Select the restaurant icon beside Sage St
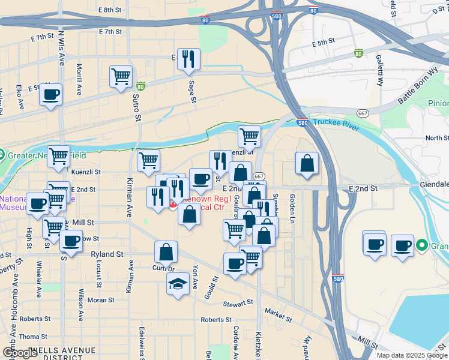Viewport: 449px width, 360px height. click(x=189, y=59)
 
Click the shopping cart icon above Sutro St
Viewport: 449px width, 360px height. click(x=121, y=77)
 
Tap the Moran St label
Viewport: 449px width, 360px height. click(x=101, y=299)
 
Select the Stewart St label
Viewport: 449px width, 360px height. click(x=235, y=304)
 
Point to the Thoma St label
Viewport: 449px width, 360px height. click(x=32, y=337)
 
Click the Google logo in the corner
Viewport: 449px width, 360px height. click(x=20, y=352)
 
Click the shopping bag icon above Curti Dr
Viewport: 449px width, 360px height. click(x=166, y=252)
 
